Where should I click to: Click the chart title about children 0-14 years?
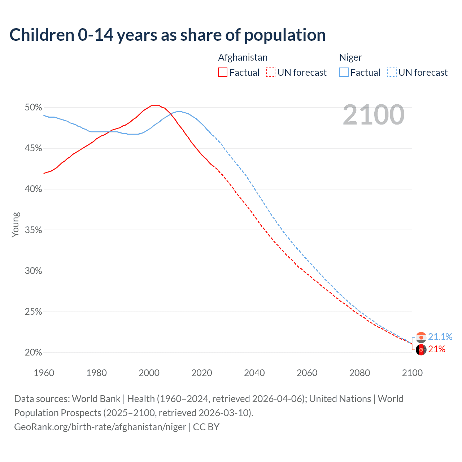[x=167, y=35]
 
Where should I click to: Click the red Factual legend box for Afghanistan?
[x=223, y=73]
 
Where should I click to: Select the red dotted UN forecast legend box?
[x=271, y=73]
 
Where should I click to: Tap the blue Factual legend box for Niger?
[x=344, y=73]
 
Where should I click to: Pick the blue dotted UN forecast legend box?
[x=392, y=73]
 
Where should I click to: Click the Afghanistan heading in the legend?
[x=243, y=57]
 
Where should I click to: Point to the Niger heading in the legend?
[x=350, y=57]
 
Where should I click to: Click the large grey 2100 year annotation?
[x=374, y=115]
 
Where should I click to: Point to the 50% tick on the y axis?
[x=33, y=107]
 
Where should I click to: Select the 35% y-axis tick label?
[x=33, y=230]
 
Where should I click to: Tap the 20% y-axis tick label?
[x=33, y=352]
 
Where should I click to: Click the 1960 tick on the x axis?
[x=44, y=373]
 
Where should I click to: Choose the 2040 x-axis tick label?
[x=254, y=373]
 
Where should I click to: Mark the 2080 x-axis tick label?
[x=359, y=373]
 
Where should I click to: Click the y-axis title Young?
[x=16, y=225]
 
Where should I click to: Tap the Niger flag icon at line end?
[x=421, y=337]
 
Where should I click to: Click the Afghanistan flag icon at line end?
[x=421, y=350]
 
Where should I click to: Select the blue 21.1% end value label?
[x=440, y=337]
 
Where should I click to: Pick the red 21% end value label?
[x=437, y=349]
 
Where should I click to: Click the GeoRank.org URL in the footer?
[x=100, y=427]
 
